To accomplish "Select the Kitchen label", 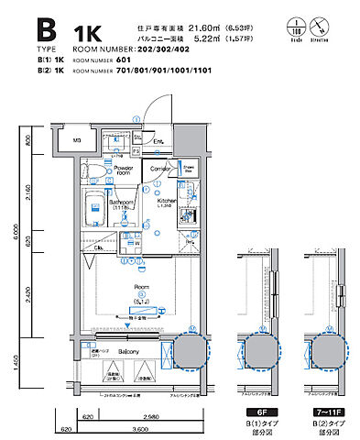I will click(166, 199).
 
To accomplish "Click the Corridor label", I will click(161, 170).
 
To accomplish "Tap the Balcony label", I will click(127, 352).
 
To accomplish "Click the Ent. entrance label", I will click(158, 140).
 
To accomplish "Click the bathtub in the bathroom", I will click(95, 212).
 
